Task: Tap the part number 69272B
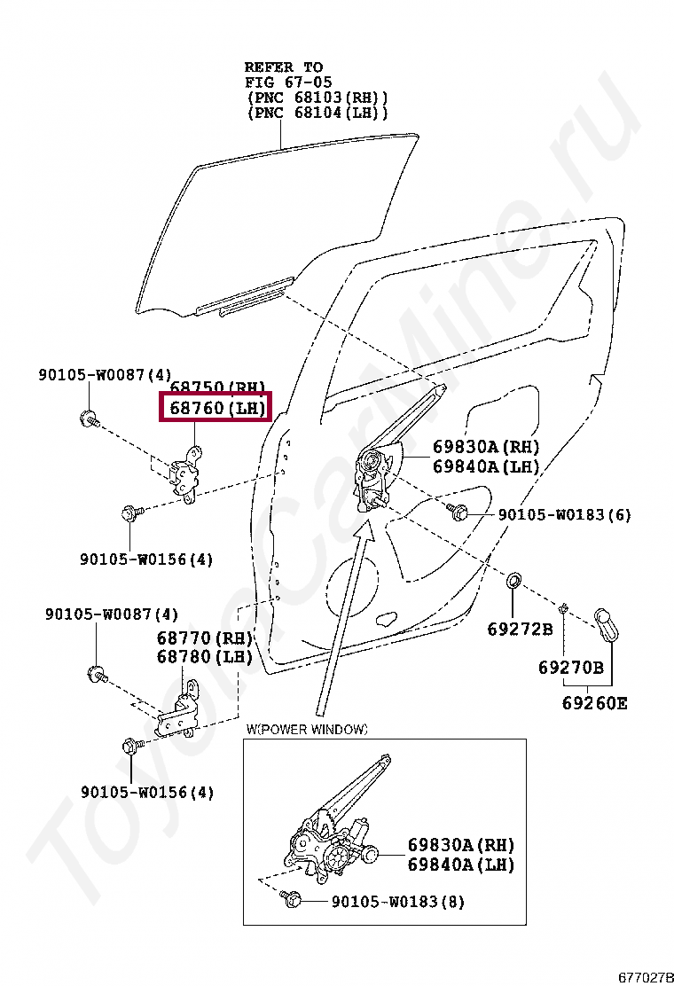tap(520, 630)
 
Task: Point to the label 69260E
tap(594, 704)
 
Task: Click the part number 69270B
tap(570, 668)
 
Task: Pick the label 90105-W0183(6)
tap(564, 515)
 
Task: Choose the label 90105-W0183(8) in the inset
tap(397, 902)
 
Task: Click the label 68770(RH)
tap(205, 638)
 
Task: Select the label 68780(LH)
tap(205, 657)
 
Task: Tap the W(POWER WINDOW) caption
tap(307, 730)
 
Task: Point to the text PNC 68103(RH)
tap(317, 97)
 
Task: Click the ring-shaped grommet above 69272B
tap(513, 582)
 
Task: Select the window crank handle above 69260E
tap(607, 625)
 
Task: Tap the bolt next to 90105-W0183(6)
tap(458, 512)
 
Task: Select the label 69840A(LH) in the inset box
tap(460, 865)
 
